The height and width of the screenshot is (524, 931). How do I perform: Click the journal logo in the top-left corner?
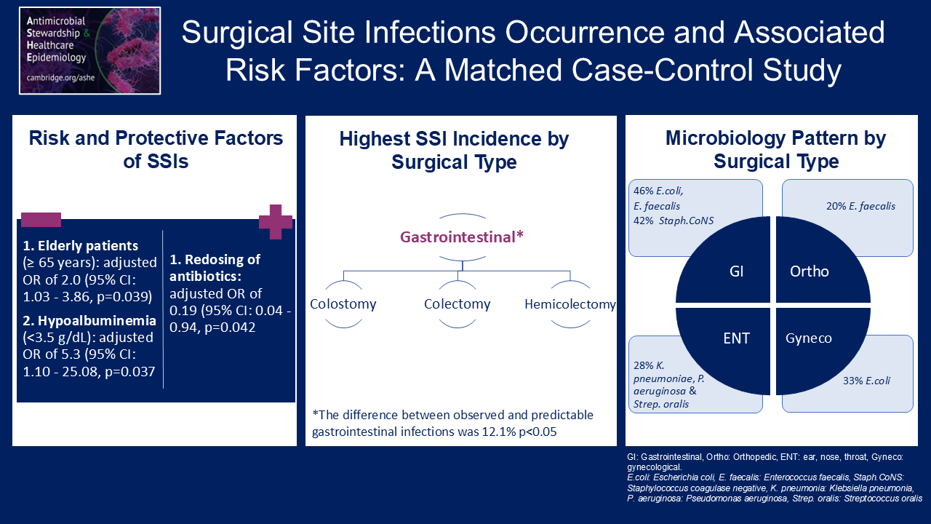click(90, 51)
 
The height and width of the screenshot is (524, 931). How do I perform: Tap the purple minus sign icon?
click(41, 219)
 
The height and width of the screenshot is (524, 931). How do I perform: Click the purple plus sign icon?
click(276, 221)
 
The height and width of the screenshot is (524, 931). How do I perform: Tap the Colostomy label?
click(343, 303)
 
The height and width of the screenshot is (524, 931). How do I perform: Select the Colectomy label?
click(457, 303)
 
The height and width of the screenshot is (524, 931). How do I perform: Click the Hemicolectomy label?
click(570, 304)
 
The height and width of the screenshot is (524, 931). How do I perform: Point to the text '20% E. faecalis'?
click(860, 206)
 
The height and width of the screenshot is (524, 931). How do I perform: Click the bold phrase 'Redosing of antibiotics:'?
click(215, 269)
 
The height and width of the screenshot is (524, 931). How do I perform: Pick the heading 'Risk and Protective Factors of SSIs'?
click(156, 149)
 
